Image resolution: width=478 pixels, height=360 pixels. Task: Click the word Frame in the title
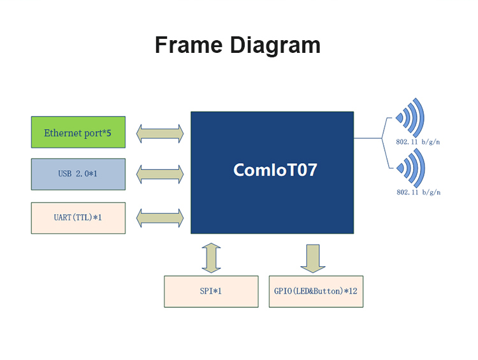(x=189, y=45)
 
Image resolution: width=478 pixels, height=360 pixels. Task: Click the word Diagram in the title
(x=275, y=47)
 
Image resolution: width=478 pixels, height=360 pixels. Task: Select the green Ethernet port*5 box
(x=78, y=132)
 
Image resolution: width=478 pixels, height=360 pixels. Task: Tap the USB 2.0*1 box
(x=78, y=174)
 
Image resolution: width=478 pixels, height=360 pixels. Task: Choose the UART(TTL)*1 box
(x=78, y=218)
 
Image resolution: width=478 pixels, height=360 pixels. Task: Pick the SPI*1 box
(x=211, y=291)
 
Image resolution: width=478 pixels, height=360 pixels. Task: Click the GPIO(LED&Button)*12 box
(x=316, y=291)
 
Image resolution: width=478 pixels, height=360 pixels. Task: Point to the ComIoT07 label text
(x=275, y=169)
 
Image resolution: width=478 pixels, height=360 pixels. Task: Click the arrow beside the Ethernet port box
(x=160, y=134)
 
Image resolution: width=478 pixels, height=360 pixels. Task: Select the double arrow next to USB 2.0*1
(x=160, y=175)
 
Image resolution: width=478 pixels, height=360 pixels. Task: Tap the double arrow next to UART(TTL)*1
(x=160, y=218)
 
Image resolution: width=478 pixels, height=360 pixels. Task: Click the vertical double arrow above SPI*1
(x=211, y=258)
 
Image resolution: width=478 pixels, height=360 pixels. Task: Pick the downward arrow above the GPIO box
(x=313, y=259)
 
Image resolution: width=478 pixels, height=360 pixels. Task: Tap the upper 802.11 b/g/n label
(x=418, y=141)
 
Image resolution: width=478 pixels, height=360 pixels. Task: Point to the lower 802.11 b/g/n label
(x=419, y=192)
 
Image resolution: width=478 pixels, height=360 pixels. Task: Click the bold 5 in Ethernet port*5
(x=109, y=133)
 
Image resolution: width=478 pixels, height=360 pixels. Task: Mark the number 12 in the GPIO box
(x=353, y=291)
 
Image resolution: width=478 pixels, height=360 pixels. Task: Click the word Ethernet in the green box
(x=63, y=133)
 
